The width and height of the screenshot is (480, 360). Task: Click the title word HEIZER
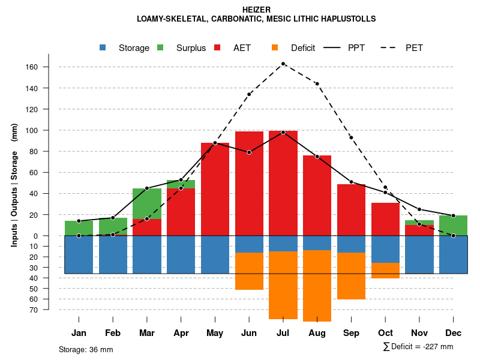click(x=256, y=10)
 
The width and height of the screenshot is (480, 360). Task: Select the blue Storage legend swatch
click(x=103, y=47)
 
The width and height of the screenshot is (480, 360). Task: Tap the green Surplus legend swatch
click(x=160, y=47)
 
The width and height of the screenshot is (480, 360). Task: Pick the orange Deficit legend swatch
click(x=275, y=47)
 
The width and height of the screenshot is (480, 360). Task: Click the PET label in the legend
click(x=414, y=48)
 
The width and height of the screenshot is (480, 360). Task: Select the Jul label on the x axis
click(x=283, y=333)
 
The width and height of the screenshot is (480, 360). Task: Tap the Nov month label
click(x=419, y=333)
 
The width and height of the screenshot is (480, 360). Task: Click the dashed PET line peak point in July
click(x=283, y=64)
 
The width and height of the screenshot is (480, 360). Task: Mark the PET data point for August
click(x=317, y=83)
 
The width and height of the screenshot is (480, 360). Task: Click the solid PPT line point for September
click(x=351, y=182)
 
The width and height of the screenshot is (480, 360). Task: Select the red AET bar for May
click(x=215, y=189)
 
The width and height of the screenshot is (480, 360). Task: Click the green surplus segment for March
click(x=147, y=204)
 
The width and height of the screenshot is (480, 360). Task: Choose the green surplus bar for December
click(x=453, y=226)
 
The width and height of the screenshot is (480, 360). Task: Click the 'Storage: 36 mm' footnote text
click(x=86, y=349)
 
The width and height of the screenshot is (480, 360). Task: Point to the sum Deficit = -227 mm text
click(x=418, y=347)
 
